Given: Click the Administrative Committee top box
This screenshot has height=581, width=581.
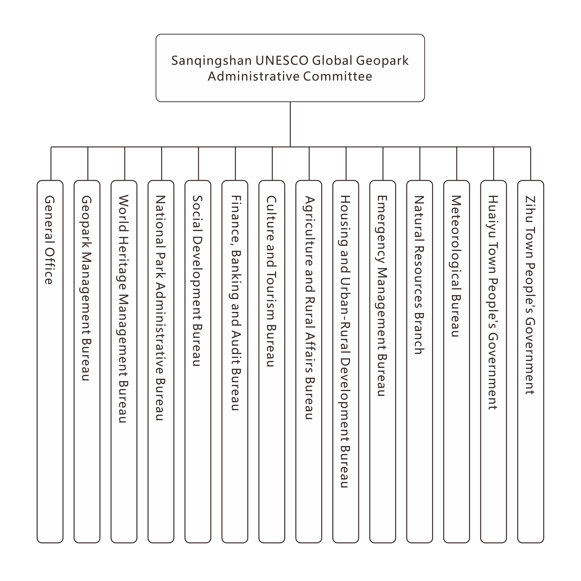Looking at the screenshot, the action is (290, 68).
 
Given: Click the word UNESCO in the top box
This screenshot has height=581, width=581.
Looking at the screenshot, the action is (282, 60).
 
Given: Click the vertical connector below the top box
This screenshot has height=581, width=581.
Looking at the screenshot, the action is (290, 124).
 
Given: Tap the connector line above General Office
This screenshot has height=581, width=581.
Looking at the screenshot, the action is (51, 164).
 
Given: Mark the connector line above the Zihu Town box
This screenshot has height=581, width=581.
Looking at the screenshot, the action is (530, 164).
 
